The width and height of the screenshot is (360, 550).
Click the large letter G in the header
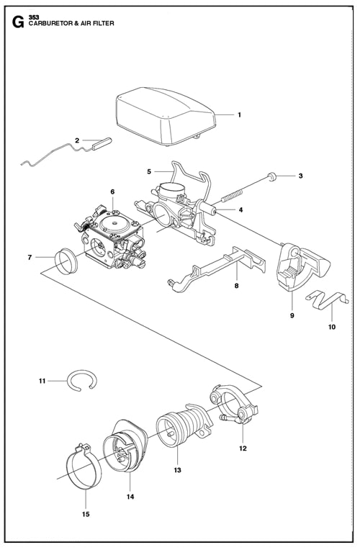coord(18,22)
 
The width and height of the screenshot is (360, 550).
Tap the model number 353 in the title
coord(34,17)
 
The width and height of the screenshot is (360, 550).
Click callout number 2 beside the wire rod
coord(77,140)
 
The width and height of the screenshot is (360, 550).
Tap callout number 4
coord(240,210)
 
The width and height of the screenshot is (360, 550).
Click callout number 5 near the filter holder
coord(149,171)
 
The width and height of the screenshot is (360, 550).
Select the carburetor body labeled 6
coord(111,238)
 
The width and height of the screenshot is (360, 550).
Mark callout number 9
coord(292,315)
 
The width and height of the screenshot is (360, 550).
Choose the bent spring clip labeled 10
coord(326,300)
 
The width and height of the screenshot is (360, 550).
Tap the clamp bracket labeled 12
coord(234,403)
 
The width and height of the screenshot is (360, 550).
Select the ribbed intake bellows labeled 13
coord(184,424)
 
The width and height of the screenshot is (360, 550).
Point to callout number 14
coord(130,497)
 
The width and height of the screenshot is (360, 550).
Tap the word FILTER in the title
coord(104,24)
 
